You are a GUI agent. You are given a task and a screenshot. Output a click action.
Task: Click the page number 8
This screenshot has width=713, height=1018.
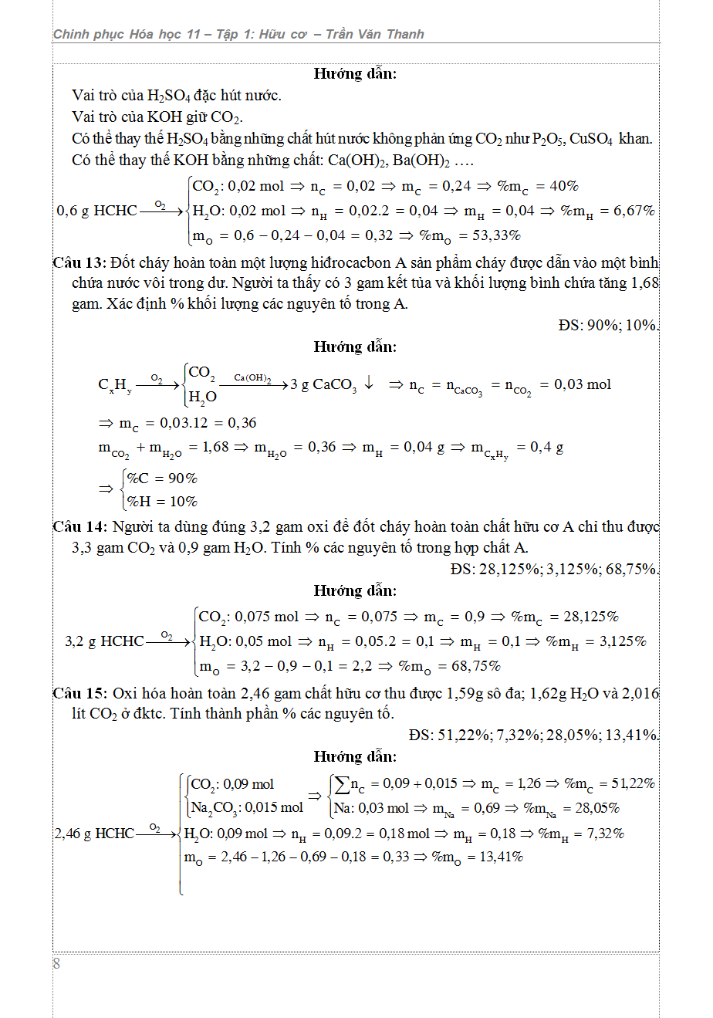coord(56,963)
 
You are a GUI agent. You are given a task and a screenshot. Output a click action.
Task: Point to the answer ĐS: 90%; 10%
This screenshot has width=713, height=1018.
coord(608,326)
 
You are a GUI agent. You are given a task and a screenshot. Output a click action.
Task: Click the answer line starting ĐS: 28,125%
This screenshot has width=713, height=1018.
coord(554,570)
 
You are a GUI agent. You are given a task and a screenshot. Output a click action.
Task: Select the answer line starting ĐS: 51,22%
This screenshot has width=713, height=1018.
coord(534,736)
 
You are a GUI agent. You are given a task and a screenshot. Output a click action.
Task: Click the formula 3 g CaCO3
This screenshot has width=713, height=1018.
coord(323,384)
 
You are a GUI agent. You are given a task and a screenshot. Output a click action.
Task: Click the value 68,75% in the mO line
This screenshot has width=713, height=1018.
coord(475,666)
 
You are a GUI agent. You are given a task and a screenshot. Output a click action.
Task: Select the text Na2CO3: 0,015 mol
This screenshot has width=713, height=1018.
coord(247,808)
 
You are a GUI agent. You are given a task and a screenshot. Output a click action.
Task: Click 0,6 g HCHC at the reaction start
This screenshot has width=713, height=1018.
coord(97,211)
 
